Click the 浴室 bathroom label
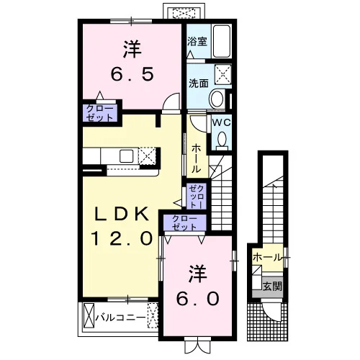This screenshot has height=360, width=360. (x=197, y=42)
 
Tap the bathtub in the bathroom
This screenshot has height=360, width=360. (x=222, y=41)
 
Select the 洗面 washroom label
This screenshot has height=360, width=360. (x=198, y=83)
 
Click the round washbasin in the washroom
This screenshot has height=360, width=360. (x=217, y=99)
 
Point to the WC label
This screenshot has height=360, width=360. (x=221, y=123)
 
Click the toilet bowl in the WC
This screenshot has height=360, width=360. (x=222, y=140)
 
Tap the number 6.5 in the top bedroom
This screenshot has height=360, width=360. (x=132, y=74)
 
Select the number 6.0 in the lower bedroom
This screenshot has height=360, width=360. (x=198, y=299)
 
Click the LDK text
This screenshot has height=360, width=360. (x=121, y=214)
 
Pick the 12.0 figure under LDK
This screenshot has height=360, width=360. (x=122, y=238)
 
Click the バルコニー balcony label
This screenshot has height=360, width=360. (x=120, y=318)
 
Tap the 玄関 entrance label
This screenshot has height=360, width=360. (x=272, y=287)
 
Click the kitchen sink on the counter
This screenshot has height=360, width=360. (x=127, y=156)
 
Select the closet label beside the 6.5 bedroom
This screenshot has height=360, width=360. (x=99, y=113)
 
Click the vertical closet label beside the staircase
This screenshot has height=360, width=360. (x=197, y=197)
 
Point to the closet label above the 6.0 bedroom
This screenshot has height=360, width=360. (x=184, y=222)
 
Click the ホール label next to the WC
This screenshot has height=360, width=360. (x=196, y=158)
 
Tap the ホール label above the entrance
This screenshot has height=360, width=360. (x=266, y=258)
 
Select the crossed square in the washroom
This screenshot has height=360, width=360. (x=223, y=74)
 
